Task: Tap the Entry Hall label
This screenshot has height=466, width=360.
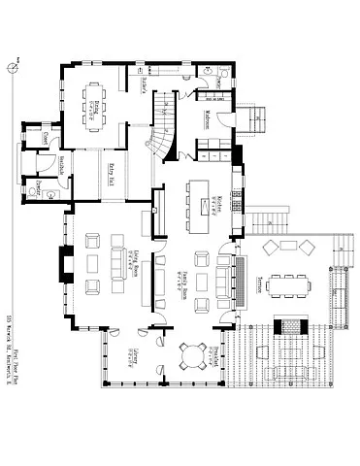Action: click(x=111, y=179)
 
